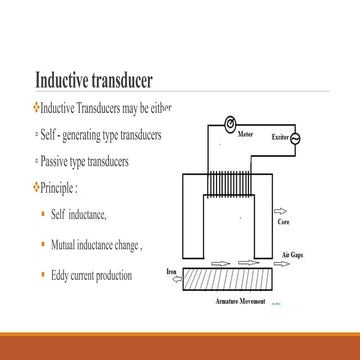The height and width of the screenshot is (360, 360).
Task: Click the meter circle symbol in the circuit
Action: (x=230, y=124)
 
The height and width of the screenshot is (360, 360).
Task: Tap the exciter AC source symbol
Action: (x=294, y=139)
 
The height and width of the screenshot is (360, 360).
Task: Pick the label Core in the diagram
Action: (x=283, y=222)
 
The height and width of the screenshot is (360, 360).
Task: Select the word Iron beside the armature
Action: (x=171, y=270)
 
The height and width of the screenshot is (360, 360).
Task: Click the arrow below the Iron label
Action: (x=173, y=281)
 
